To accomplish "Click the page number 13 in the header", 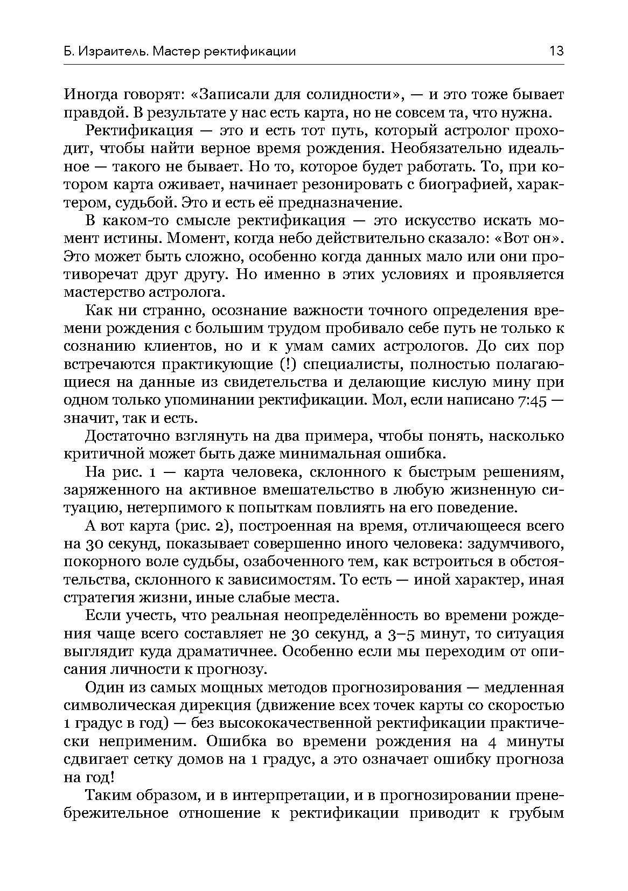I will click(x=556, y=52).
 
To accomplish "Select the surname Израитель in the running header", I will click(x=113, y=52).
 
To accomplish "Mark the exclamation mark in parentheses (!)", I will click(x=288, y=365).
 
